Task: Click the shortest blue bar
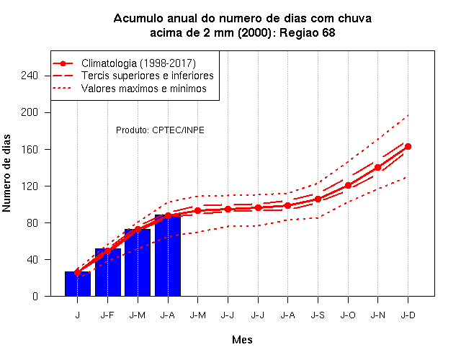pos(78,284)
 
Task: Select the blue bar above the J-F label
pos(108,272)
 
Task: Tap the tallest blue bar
pos(168,256)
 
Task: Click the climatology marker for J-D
pos(408,146)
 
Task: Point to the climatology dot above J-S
pos(318,199)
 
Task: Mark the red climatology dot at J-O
pos(348,186)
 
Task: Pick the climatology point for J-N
pos(377,168)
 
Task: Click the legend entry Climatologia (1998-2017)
pos(138,63)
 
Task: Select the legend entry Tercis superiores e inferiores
pos(147,76)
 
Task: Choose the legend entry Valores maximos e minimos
pos(144,89)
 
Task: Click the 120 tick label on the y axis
pos(30,186)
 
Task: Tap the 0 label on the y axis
pos(35,297)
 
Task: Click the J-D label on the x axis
pos(408,315)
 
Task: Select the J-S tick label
pos(318,315)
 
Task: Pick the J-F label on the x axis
pos(107,315)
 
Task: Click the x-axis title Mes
pos(242,340)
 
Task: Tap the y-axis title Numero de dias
pos(6,173)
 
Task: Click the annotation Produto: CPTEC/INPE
pos(160,130)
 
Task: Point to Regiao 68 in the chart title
pos(308,33)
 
